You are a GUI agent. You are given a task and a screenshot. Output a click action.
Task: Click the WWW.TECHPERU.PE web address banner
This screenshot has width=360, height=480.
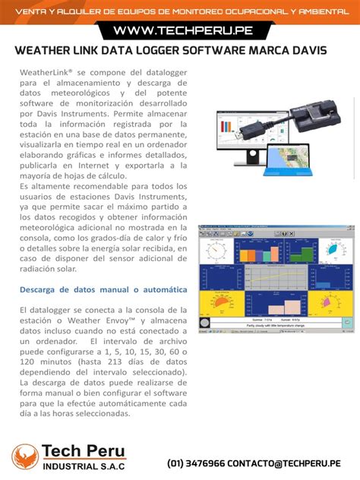(180, 31)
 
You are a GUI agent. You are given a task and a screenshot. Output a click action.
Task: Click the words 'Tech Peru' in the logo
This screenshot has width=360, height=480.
(84, 452)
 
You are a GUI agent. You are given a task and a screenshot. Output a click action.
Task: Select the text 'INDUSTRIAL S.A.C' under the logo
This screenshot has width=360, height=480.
(84, 466)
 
